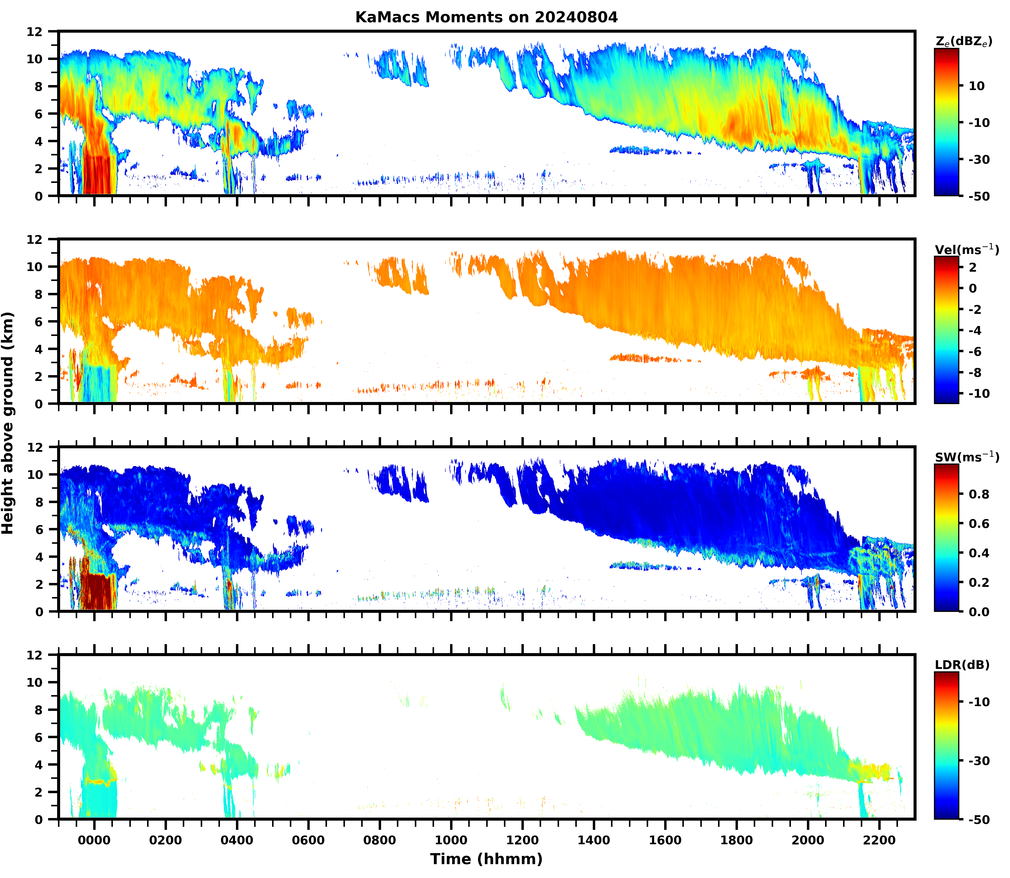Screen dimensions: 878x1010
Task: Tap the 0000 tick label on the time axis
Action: click(95, 840)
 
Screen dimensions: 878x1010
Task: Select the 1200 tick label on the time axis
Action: click(522, 840)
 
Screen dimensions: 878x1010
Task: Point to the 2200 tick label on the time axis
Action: click(879, 840)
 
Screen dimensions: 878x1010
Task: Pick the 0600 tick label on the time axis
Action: click(308, 840)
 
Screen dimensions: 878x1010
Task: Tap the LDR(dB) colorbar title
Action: click(962, 665)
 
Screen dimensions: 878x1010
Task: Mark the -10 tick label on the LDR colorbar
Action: click(979, 702)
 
